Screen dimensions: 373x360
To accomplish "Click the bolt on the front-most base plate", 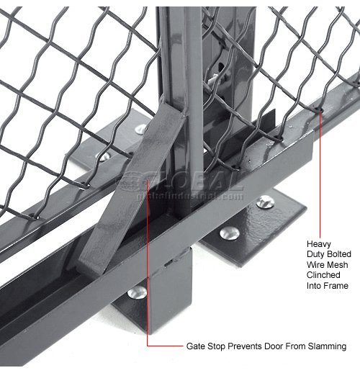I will tap(137, 292).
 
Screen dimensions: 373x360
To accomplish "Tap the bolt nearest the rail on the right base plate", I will tap(230, 233).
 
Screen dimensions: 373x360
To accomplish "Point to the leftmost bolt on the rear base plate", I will tap(105, 156).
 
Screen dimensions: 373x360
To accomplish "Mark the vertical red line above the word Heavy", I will tap(318, 173).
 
